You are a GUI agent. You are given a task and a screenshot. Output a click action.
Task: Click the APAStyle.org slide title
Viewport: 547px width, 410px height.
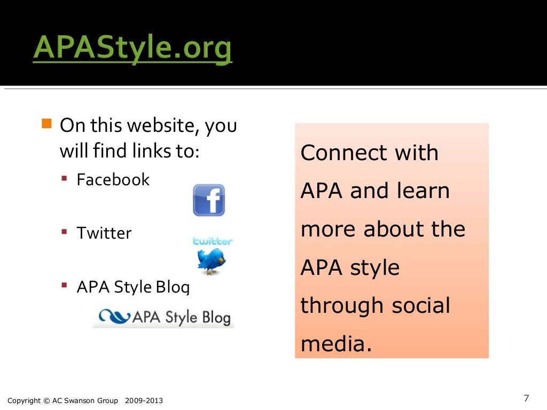[132, 50]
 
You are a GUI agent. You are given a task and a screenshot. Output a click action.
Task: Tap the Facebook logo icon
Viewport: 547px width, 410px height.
[209, 200]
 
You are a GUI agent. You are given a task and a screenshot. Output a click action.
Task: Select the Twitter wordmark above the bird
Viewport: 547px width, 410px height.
[213, 241]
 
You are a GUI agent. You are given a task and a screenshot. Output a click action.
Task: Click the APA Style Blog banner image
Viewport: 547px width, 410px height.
[163, 317]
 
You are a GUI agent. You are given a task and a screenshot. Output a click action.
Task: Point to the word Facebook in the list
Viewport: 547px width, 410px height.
[113, 179]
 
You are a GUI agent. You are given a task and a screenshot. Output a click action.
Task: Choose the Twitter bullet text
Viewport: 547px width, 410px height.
[104, 233]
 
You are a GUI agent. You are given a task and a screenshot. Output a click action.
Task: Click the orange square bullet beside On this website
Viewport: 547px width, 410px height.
[46, 125]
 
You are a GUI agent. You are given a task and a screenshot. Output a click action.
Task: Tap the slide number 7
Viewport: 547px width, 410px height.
[526, 398]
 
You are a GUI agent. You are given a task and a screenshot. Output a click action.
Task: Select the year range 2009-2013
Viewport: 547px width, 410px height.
[144, 401]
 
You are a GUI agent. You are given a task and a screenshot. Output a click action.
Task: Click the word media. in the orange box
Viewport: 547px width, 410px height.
[335, 344]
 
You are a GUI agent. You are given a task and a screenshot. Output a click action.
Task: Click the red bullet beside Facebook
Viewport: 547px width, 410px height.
[64, 179]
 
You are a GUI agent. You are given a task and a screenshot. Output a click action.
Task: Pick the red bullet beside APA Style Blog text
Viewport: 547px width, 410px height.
[64, 286]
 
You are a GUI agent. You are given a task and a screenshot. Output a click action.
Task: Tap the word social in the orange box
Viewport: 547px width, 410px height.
[421, 306]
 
